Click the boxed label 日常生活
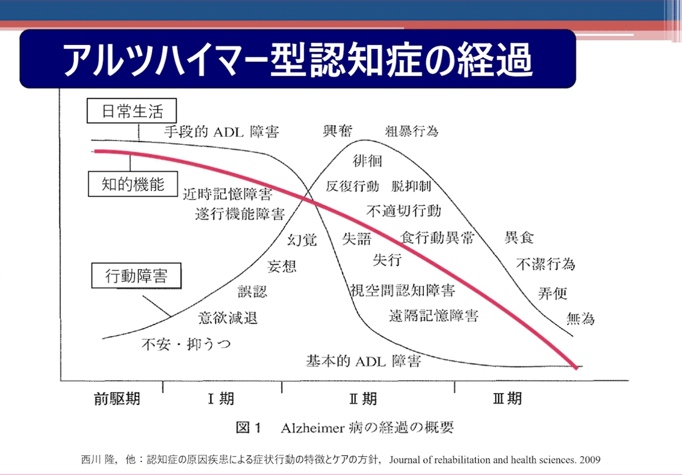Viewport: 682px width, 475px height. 131,111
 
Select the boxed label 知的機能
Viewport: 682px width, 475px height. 133,184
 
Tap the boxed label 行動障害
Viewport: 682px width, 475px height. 136,276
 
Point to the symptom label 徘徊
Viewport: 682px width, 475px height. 367,161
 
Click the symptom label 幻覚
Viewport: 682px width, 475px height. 302,240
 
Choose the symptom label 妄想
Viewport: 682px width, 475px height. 282,266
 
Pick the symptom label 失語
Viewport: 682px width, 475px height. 356,239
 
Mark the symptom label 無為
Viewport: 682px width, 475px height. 580,319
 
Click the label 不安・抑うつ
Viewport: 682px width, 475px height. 186,344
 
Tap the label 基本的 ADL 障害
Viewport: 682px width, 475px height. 364,361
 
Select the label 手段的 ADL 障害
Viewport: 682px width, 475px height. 222,132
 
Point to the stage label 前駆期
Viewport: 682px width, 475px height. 117,399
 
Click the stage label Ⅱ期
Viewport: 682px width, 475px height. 363,399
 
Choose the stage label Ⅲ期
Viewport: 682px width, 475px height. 507,398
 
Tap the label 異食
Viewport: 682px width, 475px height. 519,238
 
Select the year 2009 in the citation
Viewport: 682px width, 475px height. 590,460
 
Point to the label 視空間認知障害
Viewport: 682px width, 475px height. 402,290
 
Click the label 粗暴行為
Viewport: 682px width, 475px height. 411,131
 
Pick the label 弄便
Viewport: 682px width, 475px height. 552,293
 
